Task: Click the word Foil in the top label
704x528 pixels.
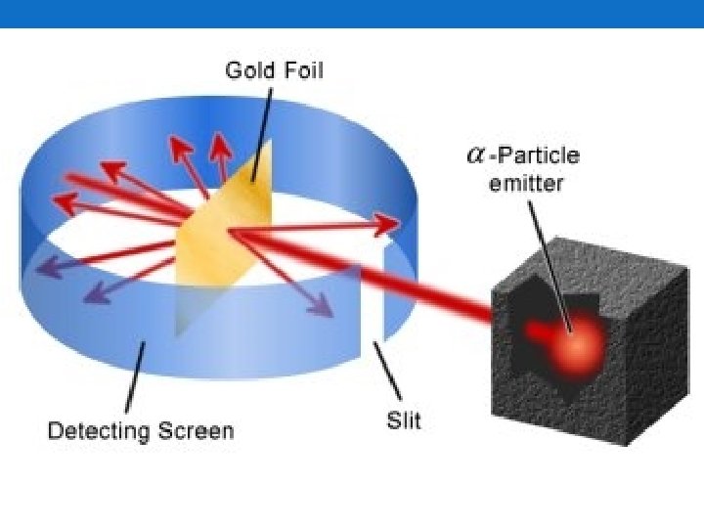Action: (300, 70)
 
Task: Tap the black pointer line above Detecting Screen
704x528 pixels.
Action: (135, 376)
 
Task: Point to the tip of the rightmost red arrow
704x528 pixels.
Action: (396, 226)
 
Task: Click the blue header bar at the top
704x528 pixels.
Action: (352, 14)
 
